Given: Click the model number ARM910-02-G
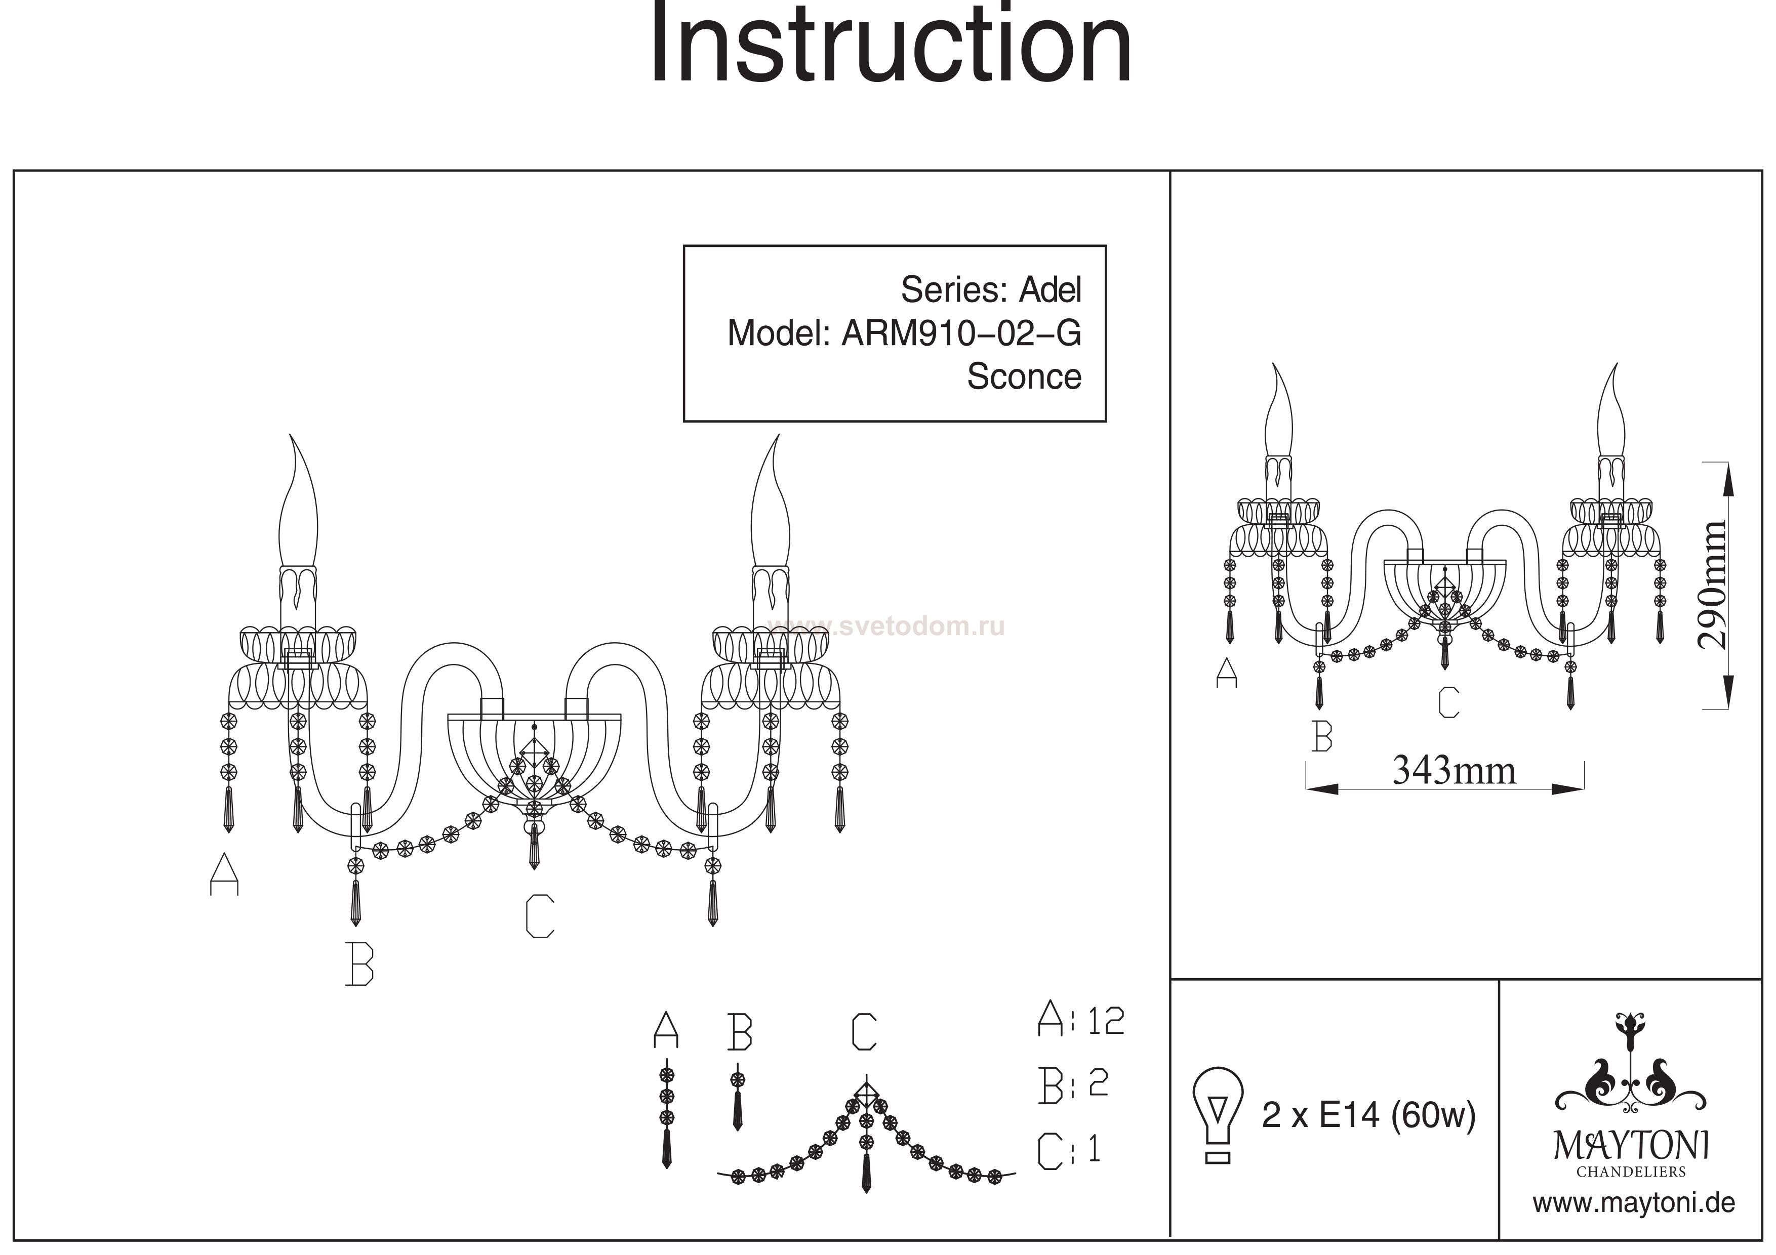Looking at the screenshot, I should [x=961, y=333].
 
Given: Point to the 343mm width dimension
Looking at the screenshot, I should [x=1454, y=770].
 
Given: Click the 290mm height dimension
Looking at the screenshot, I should [x=1711, y=584].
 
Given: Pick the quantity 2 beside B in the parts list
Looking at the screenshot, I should [x=1099, y=1083].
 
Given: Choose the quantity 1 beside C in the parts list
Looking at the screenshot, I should [x=1094, y=1149].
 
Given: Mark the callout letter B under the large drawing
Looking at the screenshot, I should [x=359, y=964].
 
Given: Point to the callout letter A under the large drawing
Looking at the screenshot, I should [x=224, y=874].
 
